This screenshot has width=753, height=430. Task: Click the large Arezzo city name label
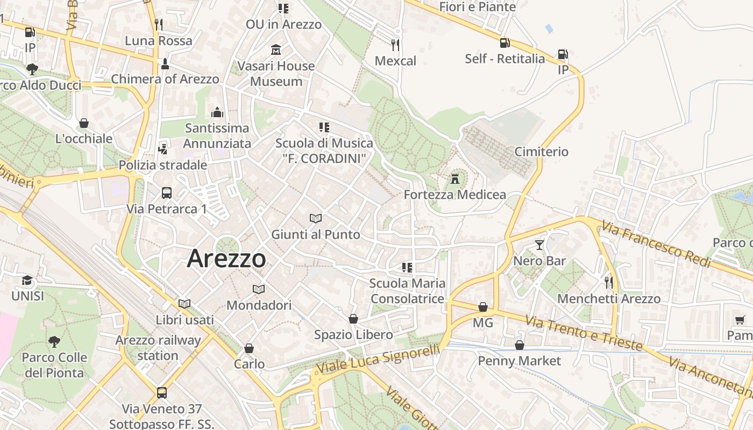coord(226,259)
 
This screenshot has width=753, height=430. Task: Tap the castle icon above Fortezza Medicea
coord(455,178)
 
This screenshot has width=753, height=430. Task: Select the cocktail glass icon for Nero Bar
coord(539,245)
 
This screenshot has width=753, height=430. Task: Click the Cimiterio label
coord(541,152)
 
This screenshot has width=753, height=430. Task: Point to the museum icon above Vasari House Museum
coord(276,50)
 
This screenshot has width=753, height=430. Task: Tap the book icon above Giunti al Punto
coord(316,218)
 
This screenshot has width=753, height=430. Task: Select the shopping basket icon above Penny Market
coord(520,345)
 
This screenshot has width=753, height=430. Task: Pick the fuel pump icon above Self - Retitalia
coord(505,43)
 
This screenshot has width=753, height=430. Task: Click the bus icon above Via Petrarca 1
coord(167,192)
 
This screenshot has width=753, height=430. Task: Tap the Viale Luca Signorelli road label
coord(378,359)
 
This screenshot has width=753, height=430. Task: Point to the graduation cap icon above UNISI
coord(27,280)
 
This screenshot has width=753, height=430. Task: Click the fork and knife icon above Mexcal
coord(395,45)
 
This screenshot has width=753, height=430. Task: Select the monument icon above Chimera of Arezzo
coord(165,64)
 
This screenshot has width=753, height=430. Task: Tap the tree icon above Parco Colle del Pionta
coord(54,341)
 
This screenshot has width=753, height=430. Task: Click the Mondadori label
coord(259,305)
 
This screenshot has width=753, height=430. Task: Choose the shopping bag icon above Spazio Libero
coord(353,319)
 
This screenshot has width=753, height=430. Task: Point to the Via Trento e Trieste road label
coord(584,333)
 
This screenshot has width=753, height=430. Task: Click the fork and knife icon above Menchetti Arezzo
coord(608,282)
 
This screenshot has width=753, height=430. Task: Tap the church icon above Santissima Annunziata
coord(217,112)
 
